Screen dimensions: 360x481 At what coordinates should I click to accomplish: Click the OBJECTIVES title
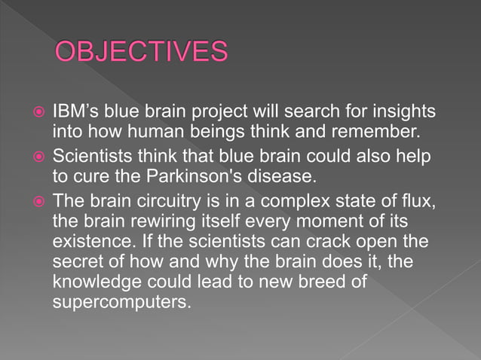[141, 53]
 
